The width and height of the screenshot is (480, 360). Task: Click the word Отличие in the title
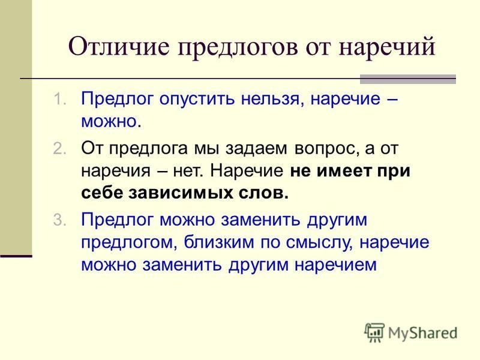coord(119,46)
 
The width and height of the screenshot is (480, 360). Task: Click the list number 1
coord(59,99)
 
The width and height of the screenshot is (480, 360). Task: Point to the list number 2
coord(59,148)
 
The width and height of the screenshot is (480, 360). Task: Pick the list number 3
coord(59,220)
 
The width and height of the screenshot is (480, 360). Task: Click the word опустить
coord(197,100)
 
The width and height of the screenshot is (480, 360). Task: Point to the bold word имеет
coord(344,171)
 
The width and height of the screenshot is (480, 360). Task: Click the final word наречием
coord(335,265)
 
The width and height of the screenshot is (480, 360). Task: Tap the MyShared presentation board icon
coord(374,332)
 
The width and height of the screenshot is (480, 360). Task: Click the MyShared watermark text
coord(422,333)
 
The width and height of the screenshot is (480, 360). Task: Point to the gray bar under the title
coord(408,79)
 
